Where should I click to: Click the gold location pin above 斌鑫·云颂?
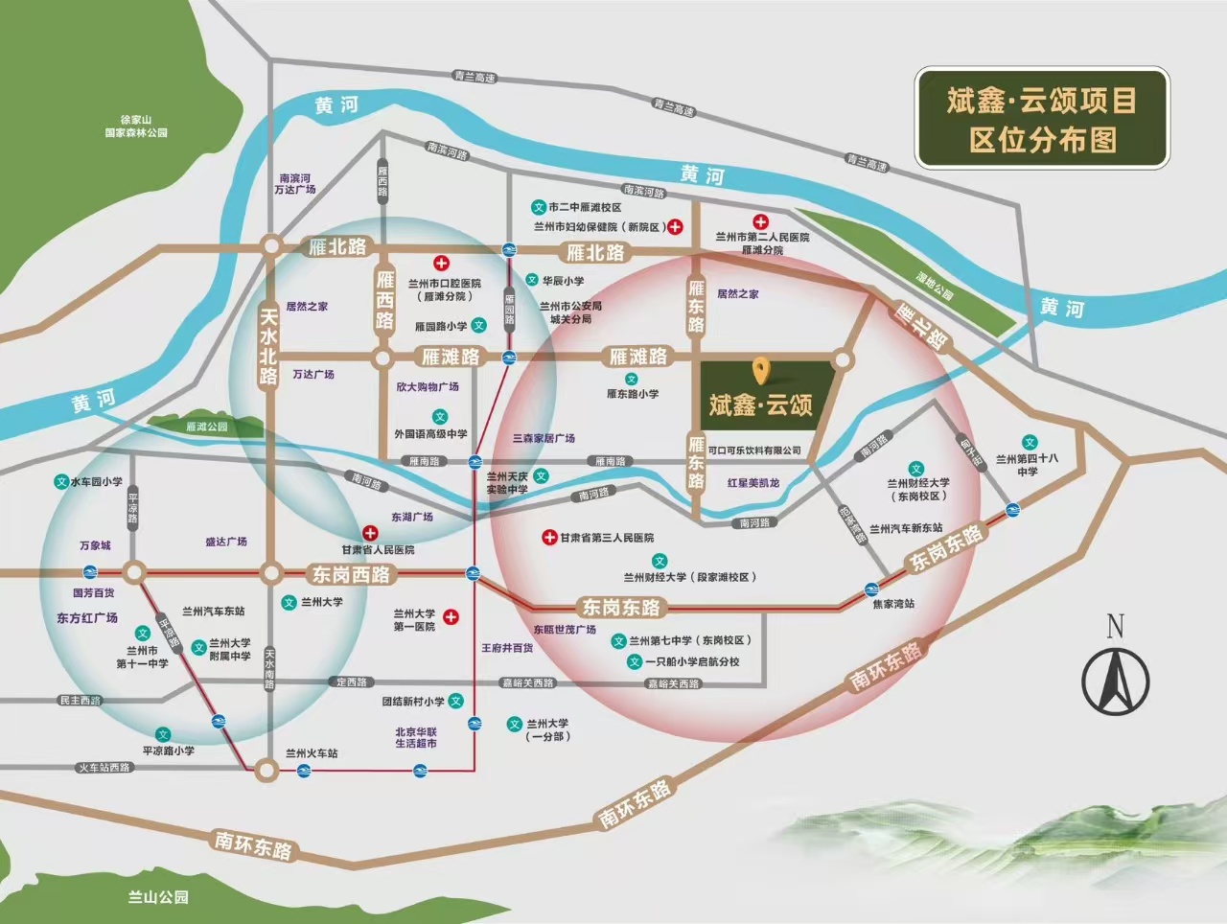click(x=761, y=370)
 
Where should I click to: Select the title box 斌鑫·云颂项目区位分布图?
click(x=1042, y=119)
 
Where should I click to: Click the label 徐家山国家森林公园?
click(x=136, y=127)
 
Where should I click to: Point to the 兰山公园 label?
click(x=158, y=897)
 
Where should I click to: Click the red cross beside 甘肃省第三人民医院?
click(x=549, y=538)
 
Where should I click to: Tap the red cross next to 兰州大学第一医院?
click(x=451, y=618)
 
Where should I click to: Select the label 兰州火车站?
click(x=312, y=753)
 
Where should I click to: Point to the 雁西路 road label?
click(x=384, y=300)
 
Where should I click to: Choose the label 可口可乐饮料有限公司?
click(x=754, y=450)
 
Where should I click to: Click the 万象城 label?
click(x=95, y=545)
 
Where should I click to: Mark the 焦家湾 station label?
click(x=893, y=604)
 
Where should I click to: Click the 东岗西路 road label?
click(x=351, y=574)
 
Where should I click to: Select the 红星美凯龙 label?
click(x=753, y=483)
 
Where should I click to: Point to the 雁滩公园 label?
click(x=207, y=427)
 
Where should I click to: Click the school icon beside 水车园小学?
click(x=61, y=482)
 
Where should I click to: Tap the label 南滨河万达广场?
click(x=294, y=184)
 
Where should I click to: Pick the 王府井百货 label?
click(x=507, y=648)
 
